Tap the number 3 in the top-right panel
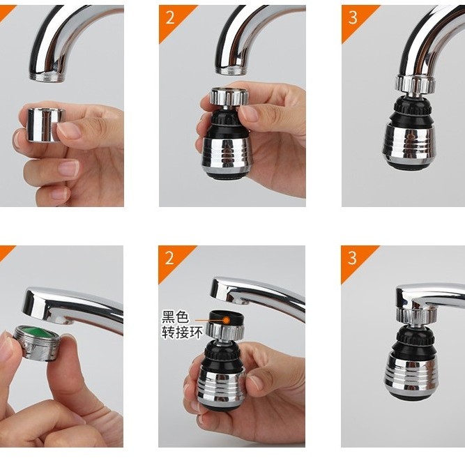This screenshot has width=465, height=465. [353, 17]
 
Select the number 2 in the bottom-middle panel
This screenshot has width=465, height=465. [169, 258]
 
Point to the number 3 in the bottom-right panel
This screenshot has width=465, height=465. [352, 258]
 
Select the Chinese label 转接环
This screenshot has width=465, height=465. [182, 333]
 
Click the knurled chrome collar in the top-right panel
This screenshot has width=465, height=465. [416, 84]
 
